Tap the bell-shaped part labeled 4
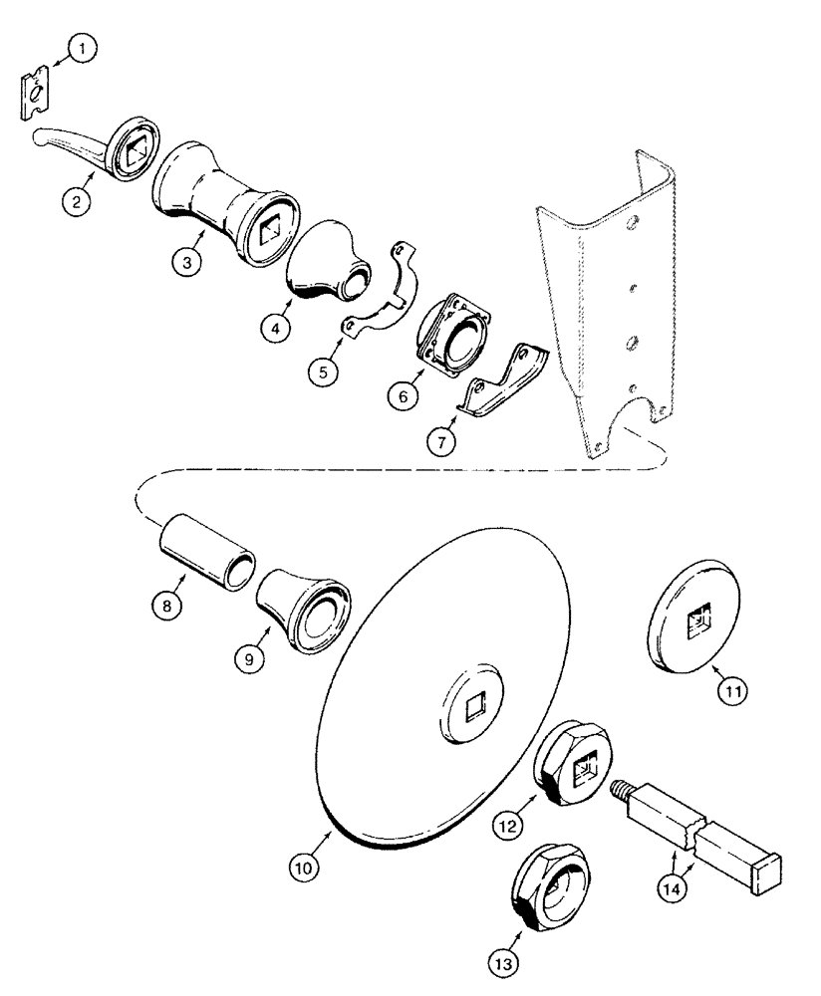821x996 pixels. click(x=324, y=263)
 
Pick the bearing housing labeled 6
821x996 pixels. click(x=452, y=333)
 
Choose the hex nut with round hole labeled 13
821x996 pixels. click(x=544, y=877)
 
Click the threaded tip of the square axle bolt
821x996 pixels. click(x=619, y=791)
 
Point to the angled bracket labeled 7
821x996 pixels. click(x=505, y=380)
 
